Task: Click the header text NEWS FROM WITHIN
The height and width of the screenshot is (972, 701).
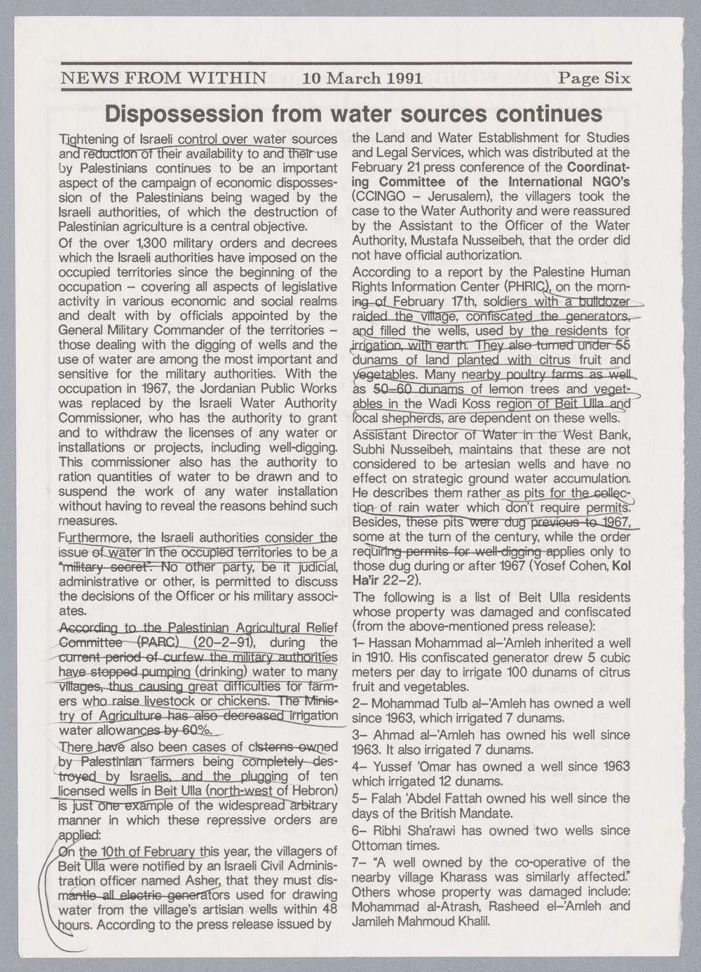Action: [x=164, y=78]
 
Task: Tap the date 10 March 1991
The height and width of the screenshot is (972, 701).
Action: [x=362, y=78]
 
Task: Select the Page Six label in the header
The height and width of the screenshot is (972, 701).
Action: [x=594, y=78]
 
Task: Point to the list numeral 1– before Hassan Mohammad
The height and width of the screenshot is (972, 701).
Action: [x=358, y=643]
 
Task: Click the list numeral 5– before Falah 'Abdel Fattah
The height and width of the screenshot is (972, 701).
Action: [x=358, y=798]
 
